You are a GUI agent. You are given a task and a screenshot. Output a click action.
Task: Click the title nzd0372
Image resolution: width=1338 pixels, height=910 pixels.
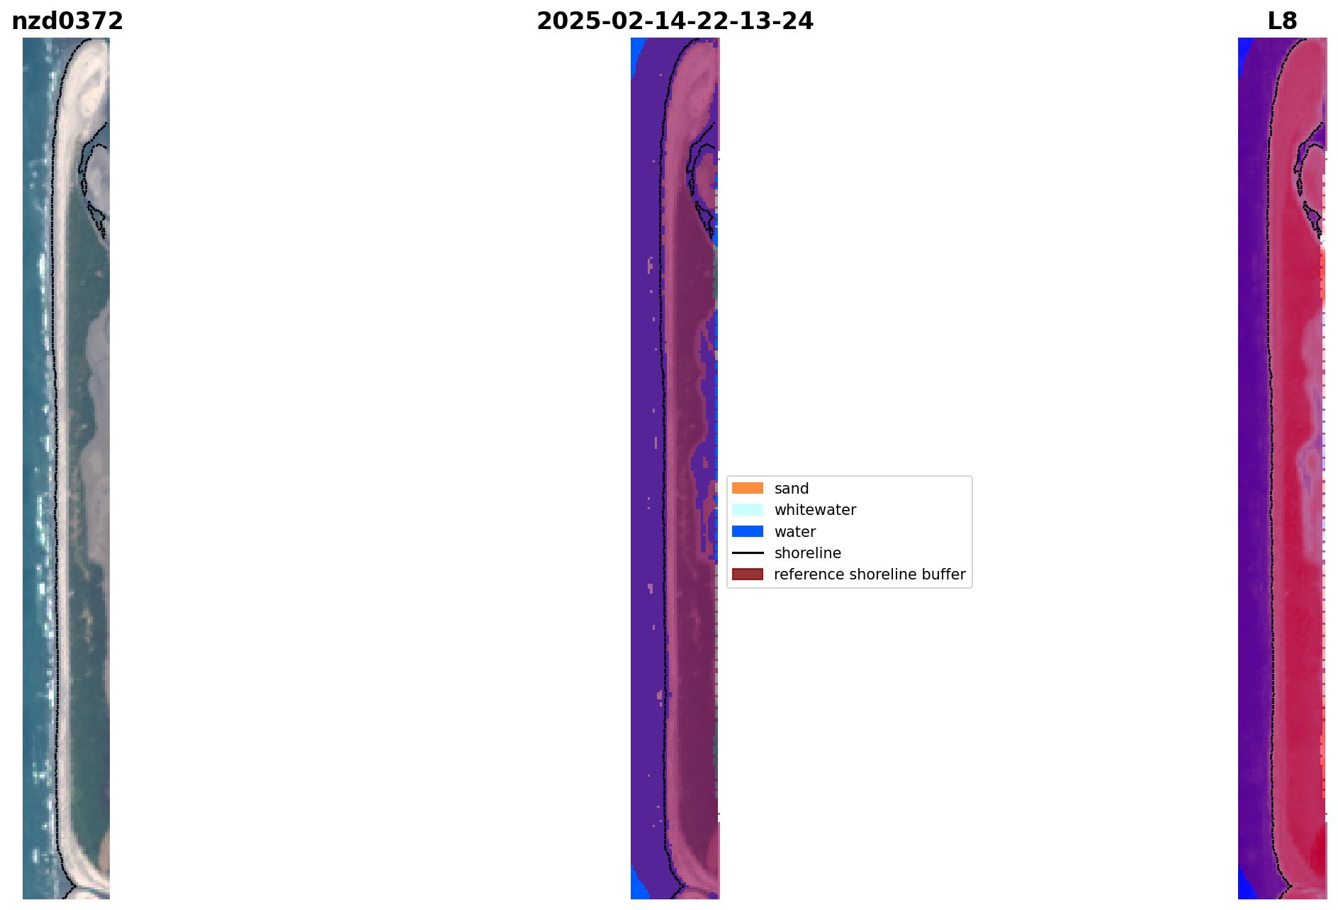click(67, 21)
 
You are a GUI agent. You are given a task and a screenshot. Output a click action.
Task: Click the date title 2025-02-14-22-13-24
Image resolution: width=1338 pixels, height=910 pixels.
click(675, 21)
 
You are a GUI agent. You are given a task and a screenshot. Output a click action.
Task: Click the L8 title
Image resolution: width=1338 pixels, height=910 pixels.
click(1282, 21)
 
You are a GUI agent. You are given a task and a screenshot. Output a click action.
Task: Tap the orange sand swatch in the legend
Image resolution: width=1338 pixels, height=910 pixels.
click(748, 488)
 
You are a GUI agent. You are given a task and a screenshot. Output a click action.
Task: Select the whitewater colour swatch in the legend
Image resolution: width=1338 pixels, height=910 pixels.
click(748, 509)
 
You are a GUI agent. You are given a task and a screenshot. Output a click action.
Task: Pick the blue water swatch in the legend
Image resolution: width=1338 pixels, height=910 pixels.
click(748, 531)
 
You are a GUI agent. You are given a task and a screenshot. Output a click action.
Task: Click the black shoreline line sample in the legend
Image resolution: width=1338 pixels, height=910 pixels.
click(748, 553)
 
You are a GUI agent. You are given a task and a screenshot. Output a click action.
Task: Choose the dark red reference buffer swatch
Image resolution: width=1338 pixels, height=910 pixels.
click(748, 574)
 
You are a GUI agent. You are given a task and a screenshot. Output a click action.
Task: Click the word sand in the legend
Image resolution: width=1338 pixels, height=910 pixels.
click(792, 489)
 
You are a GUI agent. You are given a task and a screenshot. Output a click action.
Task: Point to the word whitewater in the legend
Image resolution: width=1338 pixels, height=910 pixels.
click(815, 510)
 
